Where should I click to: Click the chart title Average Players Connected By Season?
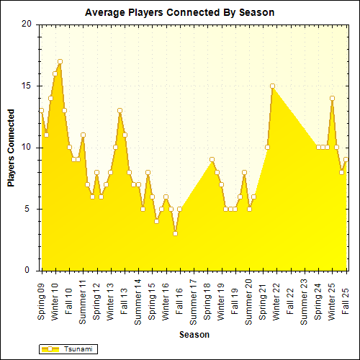coord(179,13)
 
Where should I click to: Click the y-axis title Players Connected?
coord(11,148)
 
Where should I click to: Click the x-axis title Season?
coord(194,335)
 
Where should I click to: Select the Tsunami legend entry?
coord(68,349)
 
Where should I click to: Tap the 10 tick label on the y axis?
coord(27,148)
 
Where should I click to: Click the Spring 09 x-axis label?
coord(42,299)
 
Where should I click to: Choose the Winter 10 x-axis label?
coord(55,299)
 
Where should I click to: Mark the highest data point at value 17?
coord(60,61)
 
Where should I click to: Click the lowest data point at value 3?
coord(175,234)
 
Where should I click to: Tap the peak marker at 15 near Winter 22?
coord(272,86)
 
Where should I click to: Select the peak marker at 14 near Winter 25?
coord(332,98)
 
